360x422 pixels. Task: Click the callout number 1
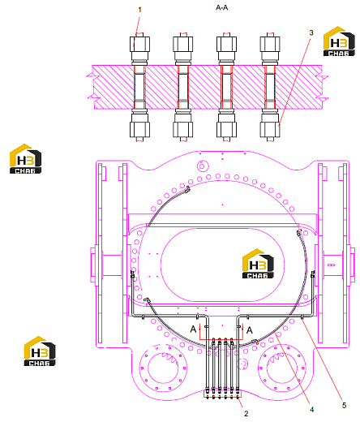pyautogui.click(x=139, y=10)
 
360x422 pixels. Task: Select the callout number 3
pyautogui.click(x=311, y=32)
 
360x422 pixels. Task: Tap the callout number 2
pyautogui.click(x=246, y=413)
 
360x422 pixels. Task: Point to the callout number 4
pyautogui.click(x=311, y=410)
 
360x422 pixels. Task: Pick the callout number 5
pyautogui.click(x=344, y=405)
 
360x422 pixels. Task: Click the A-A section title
pyautogui.click(x=222, y=7)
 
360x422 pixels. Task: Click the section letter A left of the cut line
pyautogui.click(x=193, y=329)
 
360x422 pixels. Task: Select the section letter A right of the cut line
pyautogui.click(x=250, y=330)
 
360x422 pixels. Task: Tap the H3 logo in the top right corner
pyautogui.click(x=339, y=41)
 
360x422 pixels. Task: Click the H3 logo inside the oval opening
pyautogui.click(x=258, y=264)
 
